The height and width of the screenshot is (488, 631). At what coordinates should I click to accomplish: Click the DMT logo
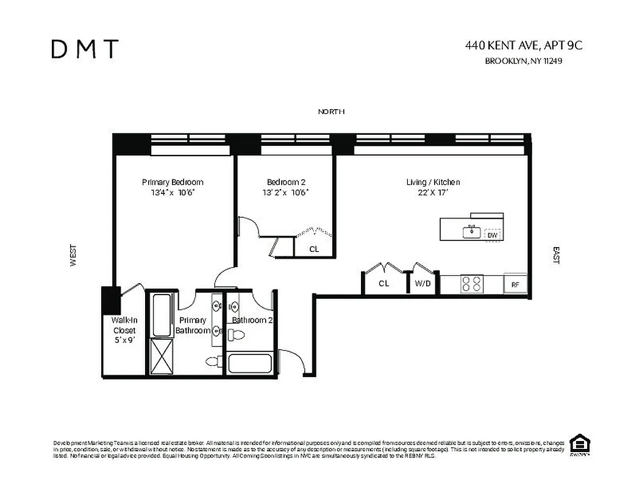click(x=85, y=49)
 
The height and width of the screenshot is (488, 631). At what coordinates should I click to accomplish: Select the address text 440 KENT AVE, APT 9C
click(x=528, y=45)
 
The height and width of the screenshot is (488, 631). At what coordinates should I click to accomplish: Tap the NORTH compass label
click(x=331, y=112)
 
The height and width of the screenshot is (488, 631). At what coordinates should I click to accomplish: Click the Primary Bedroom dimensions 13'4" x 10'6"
click(x=173, y=193)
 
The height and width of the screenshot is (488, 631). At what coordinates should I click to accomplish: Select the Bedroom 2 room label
click(x=286, y=182)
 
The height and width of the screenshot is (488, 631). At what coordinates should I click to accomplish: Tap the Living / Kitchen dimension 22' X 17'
click(x=433, y=193)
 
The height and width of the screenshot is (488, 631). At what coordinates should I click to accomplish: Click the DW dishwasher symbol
click(x=491, y=235)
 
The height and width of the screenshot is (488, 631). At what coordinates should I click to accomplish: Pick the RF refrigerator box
click(x=515, y=284)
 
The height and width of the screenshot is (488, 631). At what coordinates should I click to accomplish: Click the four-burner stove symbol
click(x=471, y=284)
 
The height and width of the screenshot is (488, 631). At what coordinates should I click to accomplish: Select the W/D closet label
click(x=422, y=284)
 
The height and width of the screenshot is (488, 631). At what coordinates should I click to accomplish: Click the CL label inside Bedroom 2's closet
click(x=314, y=249)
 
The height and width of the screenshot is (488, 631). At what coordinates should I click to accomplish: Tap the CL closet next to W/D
click(x=383, y=284)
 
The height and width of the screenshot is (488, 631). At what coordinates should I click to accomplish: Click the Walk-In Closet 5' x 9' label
click(x=124, y=330)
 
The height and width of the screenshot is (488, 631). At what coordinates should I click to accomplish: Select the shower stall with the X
click(x=163, y=356)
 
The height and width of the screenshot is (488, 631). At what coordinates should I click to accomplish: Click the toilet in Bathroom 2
click(x=237, y=334)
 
